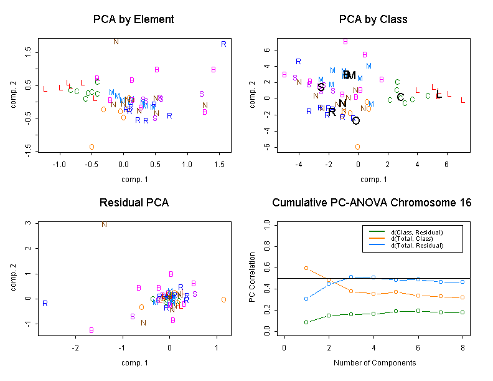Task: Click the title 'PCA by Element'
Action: point(133,19)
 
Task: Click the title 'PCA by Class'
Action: point(373,19)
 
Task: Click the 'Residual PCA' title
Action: point(133,203)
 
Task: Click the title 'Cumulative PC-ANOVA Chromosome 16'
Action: point(372,203)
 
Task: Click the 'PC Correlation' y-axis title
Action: point(252,277)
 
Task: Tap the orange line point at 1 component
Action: point(306,268)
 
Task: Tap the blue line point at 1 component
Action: point(306,299)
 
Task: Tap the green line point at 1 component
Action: point(306,322)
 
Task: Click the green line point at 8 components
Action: point(462,312)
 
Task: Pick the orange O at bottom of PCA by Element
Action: point(92,147)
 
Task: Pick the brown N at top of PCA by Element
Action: point(116,42)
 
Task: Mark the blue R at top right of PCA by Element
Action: point(223,44)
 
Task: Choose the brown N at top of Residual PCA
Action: point(105,224)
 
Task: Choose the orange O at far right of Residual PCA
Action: point(223,300)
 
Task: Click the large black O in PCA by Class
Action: point(356,121)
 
